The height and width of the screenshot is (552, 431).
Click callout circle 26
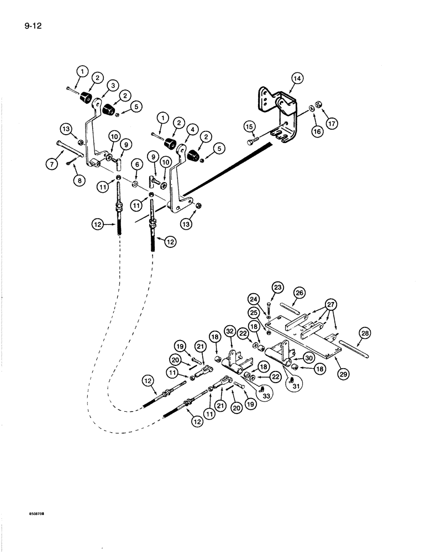tap(299, 293)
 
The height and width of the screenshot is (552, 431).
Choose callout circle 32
tap(230, 331)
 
